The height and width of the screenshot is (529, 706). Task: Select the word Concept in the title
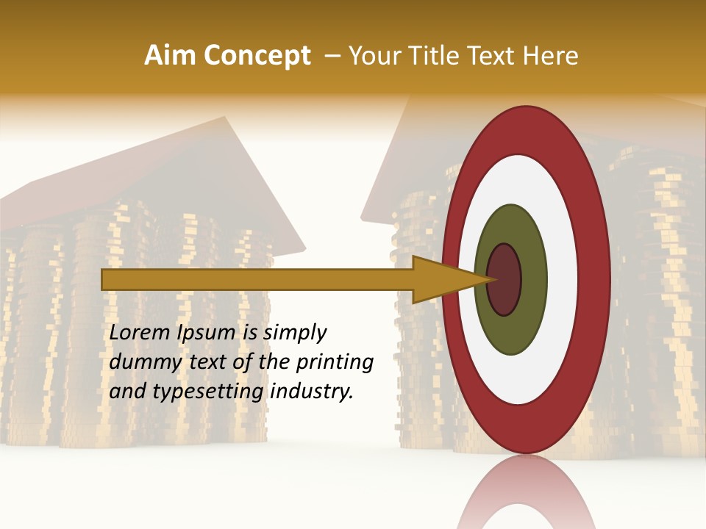click(257, 56)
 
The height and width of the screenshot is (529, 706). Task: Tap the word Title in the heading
click(444, 56)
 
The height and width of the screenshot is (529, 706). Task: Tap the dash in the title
click(332, 57)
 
